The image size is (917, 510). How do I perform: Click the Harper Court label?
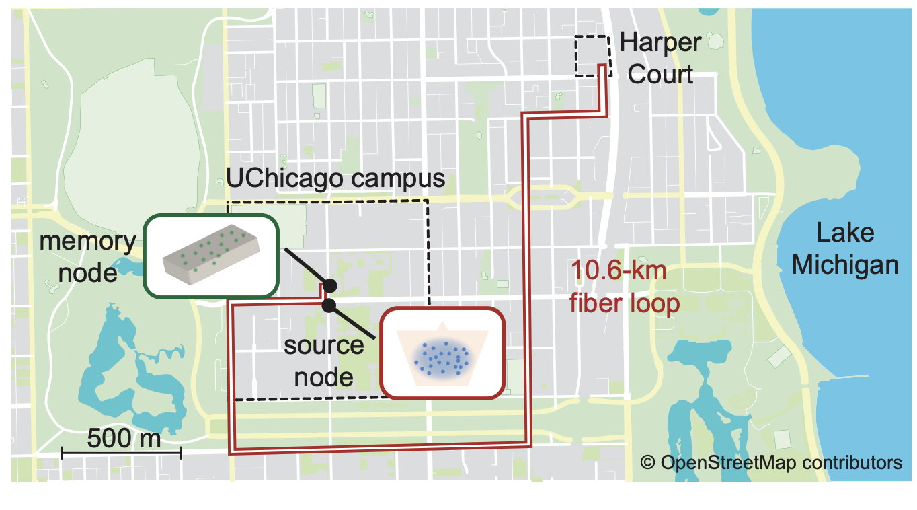click(660, 58)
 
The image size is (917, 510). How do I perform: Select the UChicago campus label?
click(336, 179)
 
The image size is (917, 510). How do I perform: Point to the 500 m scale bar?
click(121, 454)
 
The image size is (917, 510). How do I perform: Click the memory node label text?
click(87, 257)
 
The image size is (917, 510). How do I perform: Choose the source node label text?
click(324, 361)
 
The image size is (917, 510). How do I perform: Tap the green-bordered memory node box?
click(210, 256)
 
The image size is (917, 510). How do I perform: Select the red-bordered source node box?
click(442, 353)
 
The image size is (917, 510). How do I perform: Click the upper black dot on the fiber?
click(330, 285)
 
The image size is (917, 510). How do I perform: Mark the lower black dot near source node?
click(329, 306)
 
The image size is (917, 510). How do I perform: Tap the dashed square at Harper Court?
click(592, 56)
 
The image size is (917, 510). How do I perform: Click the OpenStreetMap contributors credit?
click(770, 463)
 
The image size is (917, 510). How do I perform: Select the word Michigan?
click(844, 264)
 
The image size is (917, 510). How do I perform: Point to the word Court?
click(660, 73)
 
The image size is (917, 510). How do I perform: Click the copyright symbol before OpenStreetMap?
click(647, 463)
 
